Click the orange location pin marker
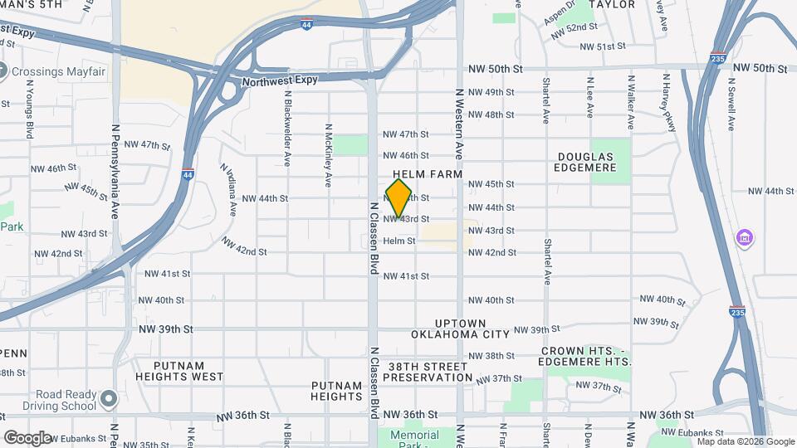click(398, 197)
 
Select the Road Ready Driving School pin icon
click(108, 401)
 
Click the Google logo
click(27, 437)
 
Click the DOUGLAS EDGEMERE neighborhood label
click(585, 162)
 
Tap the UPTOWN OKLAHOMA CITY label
click(460, 329)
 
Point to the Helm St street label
click(398, 241)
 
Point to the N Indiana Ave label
click(228, 190)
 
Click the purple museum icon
click(745, 239)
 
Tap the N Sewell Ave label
click(731, 104)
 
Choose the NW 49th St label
click(492, 92)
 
